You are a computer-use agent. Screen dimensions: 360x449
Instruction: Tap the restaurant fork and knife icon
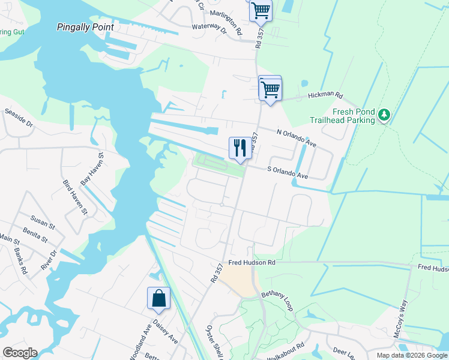click(240, 148)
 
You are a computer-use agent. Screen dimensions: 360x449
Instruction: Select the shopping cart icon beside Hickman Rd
click(270, 89)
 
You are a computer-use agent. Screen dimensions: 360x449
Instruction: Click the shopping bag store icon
click(158, 298)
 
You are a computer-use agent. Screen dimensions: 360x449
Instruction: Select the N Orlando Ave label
click(296, 139)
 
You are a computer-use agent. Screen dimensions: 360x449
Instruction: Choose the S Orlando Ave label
click(287, 173)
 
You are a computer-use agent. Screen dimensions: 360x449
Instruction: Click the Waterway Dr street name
click(209, 27)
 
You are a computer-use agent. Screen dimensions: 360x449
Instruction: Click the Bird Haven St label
click(75, 197)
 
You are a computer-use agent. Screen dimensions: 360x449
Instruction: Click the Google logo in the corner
click(20, 353)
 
